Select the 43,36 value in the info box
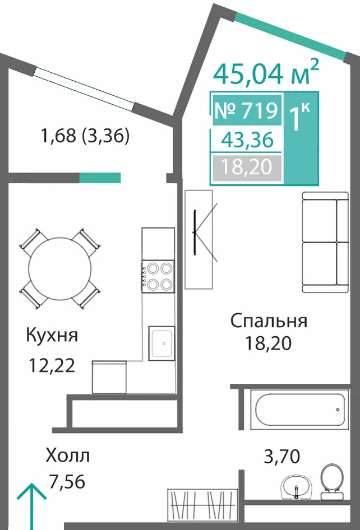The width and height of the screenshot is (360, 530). pos(247,140)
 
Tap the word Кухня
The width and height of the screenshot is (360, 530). pos(52,336)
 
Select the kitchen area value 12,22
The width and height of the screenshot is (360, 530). pos(52,365)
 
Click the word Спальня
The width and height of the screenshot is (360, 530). pos(269,321)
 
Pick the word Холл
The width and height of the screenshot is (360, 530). pos(68,455)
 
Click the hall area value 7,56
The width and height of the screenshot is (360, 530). pos(67,481)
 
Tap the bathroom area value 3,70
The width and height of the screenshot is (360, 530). pos(281,457)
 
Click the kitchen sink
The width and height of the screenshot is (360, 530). pos(161,343)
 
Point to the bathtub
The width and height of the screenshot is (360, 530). pos(299,410)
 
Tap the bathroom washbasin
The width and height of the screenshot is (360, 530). pos(297,487)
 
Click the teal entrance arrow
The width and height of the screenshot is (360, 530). pos(31,506)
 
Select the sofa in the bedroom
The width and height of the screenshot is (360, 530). pos(325,243)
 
